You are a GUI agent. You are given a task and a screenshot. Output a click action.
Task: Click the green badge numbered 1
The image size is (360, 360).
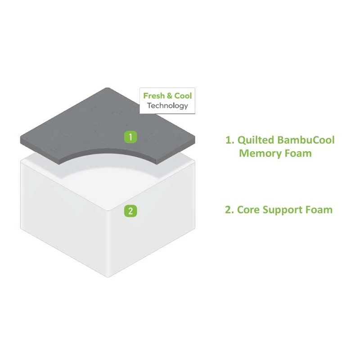[130, 137]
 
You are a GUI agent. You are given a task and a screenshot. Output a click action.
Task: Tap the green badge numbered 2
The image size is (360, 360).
[130, 211]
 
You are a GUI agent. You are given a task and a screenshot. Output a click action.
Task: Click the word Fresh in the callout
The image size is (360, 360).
[154, 96]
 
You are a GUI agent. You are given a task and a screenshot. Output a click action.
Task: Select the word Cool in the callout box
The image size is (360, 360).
[183, 96]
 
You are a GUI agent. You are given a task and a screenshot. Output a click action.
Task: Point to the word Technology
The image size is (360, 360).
[167, 106]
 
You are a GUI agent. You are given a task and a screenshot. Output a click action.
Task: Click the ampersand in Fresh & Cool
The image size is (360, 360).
[170, 96]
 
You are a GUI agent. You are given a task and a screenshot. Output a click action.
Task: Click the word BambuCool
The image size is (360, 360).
[306, 140]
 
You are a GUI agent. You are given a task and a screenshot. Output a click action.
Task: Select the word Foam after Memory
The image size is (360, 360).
[298, 153]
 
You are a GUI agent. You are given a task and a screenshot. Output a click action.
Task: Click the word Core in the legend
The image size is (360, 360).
[247, 210]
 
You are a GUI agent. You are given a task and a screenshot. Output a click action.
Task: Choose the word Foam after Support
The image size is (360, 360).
[319, 210]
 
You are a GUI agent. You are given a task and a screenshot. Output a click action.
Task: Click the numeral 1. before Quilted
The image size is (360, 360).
[230, 140]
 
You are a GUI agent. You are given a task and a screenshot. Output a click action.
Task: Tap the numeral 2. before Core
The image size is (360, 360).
[229, 210]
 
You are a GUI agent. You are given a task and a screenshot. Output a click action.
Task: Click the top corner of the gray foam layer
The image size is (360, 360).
[108, 88]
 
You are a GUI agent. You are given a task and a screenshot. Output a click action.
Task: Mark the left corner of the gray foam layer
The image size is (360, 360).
[21, 139]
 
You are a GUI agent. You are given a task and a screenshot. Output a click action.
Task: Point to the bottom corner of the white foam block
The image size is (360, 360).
[108, 277]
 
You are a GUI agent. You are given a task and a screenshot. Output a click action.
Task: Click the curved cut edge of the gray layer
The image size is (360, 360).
[108, 150]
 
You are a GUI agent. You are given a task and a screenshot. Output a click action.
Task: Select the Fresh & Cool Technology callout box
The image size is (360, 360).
[167, 100]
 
